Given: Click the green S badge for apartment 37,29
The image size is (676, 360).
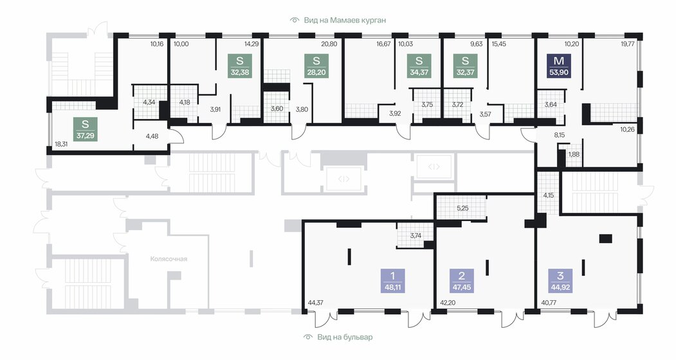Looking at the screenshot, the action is (x=86, y=129).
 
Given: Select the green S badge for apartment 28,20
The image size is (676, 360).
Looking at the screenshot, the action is (x=316, y=66).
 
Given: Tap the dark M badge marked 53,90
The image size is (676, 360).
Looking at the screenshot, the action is (x=559, y=66).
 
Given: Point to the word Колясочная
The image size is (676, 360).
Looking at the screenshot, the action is (x=169, y=258).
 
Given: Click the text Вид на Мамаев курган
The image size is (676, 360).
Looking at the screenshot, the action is (x=345, y=20).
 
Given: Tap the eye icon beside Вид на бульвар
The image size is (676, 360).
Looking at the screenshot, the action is (x=307, y=337).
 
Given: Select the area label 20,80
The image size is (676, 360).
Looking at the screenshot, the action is (x=329, y=44).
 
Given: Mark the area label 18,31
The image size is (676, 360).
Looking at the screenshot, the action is (x=61, y=144).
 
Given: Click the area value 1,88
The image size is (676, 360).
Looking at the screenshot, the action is (x=574, y=154).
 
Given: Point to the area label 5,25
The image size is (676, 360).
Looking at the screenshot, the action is (x=462, y=208).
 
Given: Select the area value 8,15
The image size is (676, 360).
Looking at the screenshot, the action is (x=559, y=135).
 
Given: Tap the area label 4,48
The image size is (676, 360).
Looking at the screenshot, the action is (x=152, y=136).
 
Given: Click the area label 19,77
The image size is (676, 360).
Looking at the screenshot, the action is (x=628, y=44).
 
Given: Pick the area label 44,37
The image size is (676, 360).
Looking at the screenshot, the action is (x=316, y=303).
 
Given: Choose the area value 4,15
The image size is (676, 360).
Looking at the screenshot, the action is (x=549, y=195).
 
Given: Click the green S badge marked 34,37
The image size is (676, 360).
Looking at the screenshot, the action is (x=419, y=66).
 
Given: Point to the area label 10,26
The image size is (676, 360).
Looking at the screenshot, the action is (x=627, y=129).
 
